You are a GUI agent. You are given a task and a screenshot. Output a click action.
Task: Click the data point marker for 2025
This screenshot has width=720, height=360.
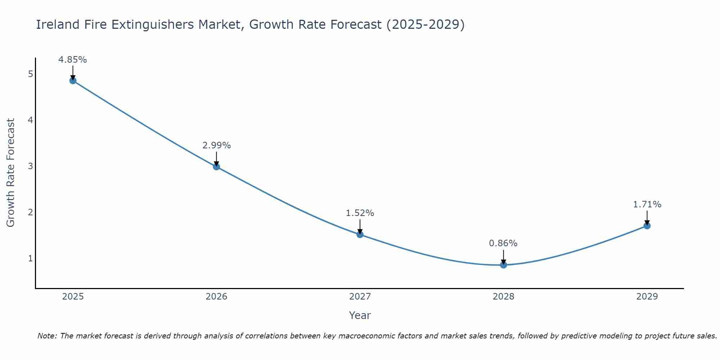coord(73,81)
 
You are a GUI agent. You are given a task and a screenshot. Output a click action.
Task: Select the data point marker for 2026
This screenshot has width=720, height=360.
coord(216,167)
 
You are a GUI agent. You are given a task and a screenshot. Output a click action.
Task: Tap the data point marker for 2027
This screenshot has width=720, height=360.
coord(360,235)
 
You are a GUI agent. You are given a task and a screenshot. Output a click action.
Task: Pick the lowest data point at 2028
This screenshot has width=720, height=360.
coord(503,265)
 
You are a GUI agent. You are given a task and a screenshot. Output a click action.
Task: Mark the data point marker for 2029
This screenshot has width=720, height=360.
coord(647,226)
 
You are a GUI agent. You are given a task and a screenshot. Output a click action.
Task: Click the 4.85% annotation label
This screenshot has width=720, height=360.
coord(73,60)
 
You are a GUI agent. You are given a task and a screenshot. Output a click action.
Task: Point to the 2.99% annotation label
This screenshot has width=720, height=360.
coord(216,145)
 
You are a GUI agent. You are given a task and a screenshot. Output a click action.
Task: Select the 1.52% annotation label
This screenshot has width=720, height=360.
coord(360,213)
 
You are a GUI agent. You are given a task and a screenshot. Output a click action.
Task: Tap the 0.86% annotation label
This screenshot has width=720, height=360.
coord(503,243)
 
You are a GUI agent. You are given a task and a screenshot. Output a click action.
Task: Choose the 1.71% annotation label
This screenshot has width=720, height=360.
coord(647,204)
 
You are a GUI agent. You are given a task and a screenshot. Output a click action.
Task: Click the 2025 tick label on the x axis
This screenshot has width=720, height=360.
coord(73,297)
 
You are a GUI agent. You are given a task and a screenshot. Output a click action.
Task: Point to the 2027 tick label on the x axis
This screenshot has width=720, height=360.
coord(360,297)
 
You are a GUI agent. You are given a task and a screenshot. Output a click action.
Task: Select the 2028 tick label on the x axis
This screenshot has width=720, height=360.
coord(503,297)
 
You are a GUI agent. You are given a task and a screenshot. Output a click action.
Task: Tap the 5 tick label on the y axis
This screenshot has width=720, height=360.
coord(30,74)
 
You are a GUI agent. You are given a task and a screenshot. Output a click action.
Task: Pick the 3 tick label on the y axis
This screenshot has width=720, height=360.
coord(30,166)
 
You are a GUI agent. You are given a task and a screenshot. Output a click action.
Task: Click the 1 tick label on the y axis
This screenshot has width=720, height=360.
coord(30,258)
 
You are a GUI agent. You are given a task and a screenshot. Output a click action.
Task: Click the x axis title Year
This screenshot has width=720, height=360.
coord(360,315)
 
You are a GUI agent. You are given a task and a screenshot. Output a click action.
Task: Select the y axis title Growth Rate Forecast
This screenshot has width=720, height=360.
coord(11,173)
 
